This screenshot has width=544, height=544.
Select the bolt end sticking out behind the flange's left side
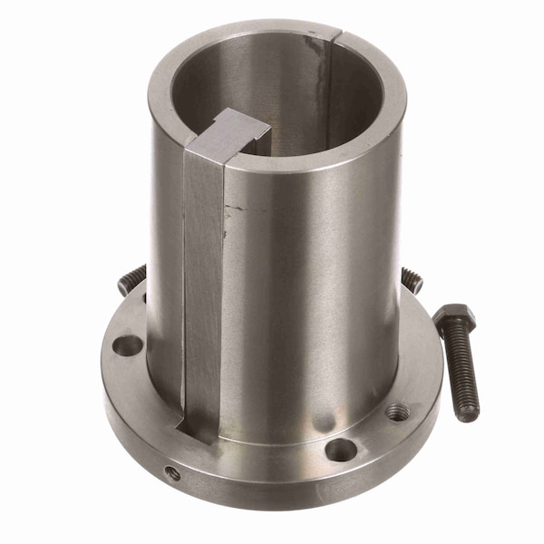coord(131,279)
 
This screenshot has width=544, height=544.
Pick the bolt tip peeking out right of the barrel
coord(413,280)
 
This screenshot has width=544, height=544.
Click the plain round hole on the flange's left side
coord(128,345)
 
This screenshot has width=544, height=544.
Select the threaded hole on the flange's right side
coord(397,413)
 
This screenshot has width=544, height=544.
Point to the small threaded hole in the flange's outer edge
coord(171,472)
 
